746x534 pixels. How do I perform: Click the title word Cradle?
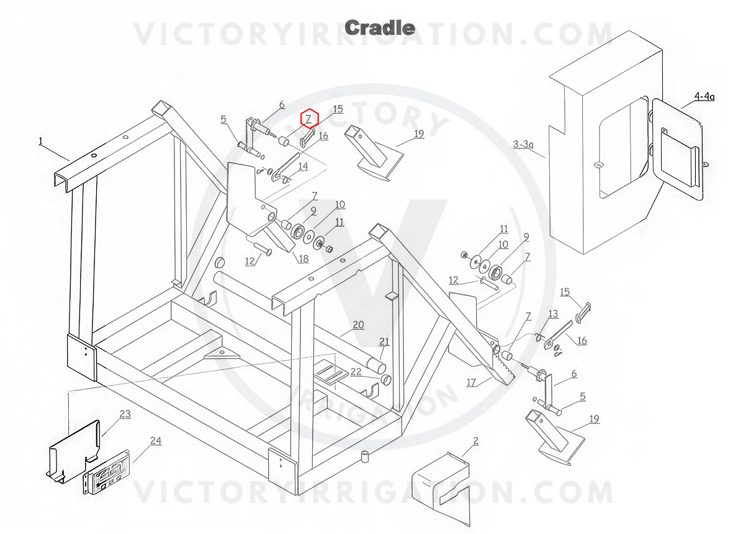(379, 28)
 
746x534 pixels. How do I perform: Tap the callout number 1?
(40, 142)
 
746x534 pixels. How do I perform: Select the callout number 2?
(476, 441)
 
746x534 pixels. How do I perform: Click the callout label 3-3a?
(523, 144)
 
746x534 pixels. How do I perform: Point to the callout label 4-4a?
(704, 97)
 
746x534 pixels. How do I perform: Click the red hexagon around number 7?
(310, 118)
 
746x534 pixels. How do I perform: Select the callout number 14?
(303, 166)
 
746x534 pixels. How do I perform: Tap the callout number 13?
(553, 314)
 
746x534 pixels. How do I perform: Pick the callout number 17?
(471, 382)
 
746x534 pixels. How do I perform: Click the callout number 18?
(303, 258)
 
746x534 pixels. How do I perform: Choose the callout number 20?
(358, 325)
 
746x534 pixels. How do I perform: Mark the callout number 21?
(384, 342)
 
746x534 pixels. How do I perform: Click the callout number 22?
(356, 372)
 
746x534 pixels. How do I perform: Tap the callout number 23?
(125, 414)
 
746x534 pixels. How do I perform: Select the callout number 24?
(156, 441)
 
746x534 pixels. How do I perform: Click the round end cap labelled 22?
(385, 380)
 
